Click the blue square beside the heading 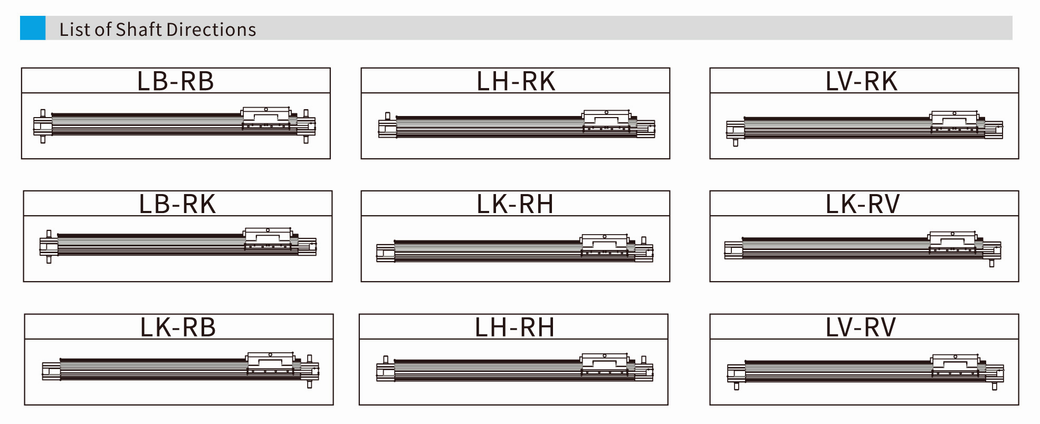[x=33, y=28]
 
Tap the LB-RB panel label [x=176, y=81]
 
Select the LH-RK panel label [x=516, y=81]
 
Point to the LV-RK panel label [x=861, y=81]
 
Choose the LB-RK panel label [x=177, y=204]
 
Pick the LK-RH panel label [x=515, y=204]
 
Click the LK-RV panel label [x=862, y=204]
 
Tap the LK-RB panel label [x=178, y=327]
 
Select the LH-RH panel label [x=514, y=327]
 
